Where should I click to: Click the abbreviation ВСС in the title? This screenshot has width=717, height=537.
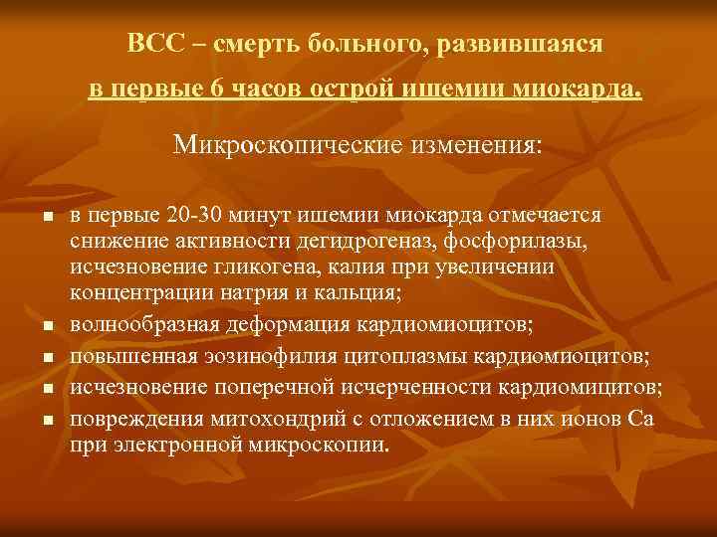[152, 45]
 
